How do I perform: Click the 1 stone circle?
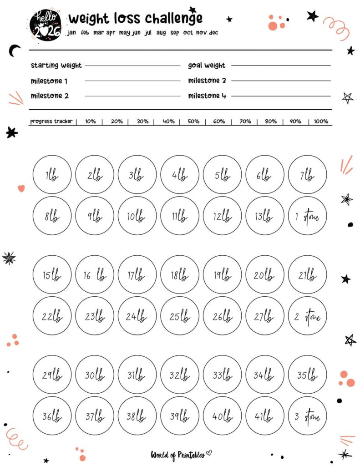(x=308, y=216)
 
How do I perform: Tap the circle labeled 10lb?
(x=137, y=216)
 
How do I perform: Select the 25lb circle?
(x=180, y=316)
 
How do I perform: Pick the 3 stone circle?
(x=308, y=416)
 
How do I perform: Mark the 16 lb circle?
(x=94, y=274)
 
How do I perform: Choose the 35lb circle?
(x=308, y=375)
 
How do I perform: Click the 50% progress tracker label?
(x=193, y=122)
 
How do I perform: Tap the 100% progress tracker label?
(x=321, y=122)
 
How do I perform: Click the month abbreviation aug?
(x=161, y=33)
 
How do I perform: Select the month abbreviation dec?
(x=213, y=33)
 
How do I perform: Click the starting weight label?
(x=56, y=66)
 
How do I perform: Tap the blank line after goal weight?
(x=281, y=66)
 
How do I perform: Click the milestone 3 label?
(x=207, y=81)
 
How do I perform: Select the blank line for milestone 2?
(x=132, y=96)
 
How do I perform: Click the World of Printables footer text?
(x=178, y=454)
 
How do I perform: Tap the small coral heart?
(x=21, y=188)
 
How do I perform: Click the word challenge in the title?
(x=174, y=18)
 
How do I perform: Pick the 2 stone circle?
(x=308, y=316)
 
